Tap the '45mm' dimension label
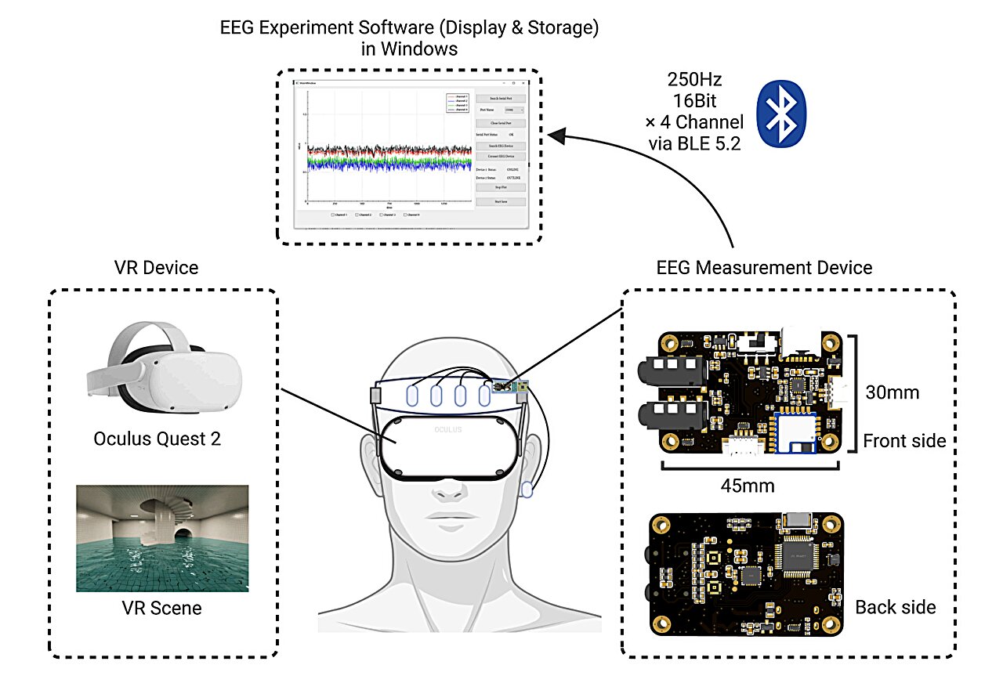coord(748,486)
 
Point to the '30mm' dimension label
coord(892,392)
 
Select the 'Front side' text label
coord(903,441)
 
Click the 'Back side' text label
coord(895,607)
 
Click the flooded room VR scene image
coord(162,538)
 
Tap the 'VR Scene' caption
coord(163,608)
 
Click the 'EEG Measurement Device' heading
coord(763,268)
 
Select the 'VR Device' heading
coord(156,268)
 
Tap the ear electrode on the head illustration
coord(528,489)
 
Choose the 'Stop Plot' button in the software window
coord(500,187)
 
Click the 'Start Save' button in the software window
coord(500,201)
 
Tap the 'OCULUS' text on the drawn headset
coord(448,429)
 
